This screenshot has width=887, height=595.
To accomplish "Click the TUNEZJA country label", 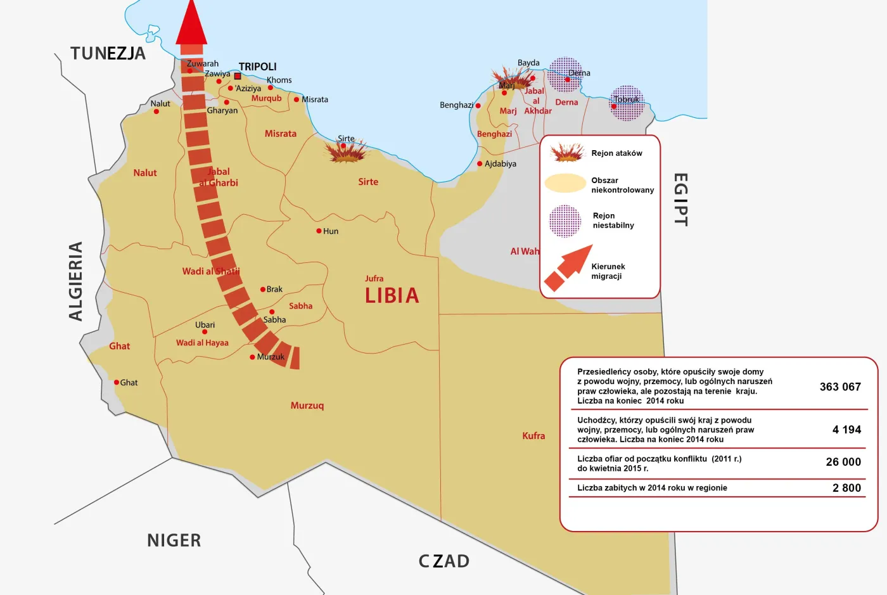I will [108, 53].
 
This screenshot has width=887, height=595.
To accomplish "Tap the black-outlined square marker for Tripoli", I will [238, 76].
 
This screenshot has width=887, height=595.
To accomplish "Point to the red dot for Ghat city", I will [117, 382].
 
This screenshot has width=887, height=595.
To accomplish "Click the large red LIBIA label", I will [392, 295].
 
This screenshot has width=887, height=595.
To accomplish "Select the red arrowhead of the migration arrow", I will [191, 24].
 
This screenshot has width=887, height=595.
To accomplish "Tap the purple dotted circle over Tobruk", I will [627, 103].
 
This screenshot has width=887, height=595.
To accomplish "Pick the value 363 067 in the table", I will [840, 387].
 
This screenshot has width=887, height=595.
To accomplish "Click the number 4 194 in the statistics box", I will [846, 430].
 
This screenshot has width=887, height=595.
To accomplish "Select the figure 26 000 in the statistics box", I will [843, 462].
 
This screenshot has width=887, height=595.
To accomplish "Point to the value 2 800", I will [846, 488].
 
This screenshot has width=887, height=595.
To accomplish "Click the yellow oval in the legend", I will [565, 183].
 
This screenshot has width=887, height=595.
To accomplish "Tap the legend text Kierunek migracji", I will [608, 271].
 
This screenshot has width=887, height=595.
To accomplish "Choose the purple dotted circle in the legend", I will [565, 221].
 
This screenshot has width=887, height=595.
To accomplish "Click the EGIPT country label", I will [680, 200].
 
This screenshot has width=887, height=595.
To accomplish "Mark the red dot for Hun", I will [319, 231].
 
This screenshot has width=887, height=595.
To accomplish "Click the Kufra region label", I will [533, 435].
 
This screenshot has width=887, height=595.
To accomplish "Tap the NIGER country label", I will [174, 541].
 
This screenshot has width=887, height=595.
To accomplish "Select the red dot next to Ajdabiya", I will [480, 163].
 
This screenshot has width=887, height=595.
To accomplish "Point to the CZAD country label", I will [443, 561].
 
